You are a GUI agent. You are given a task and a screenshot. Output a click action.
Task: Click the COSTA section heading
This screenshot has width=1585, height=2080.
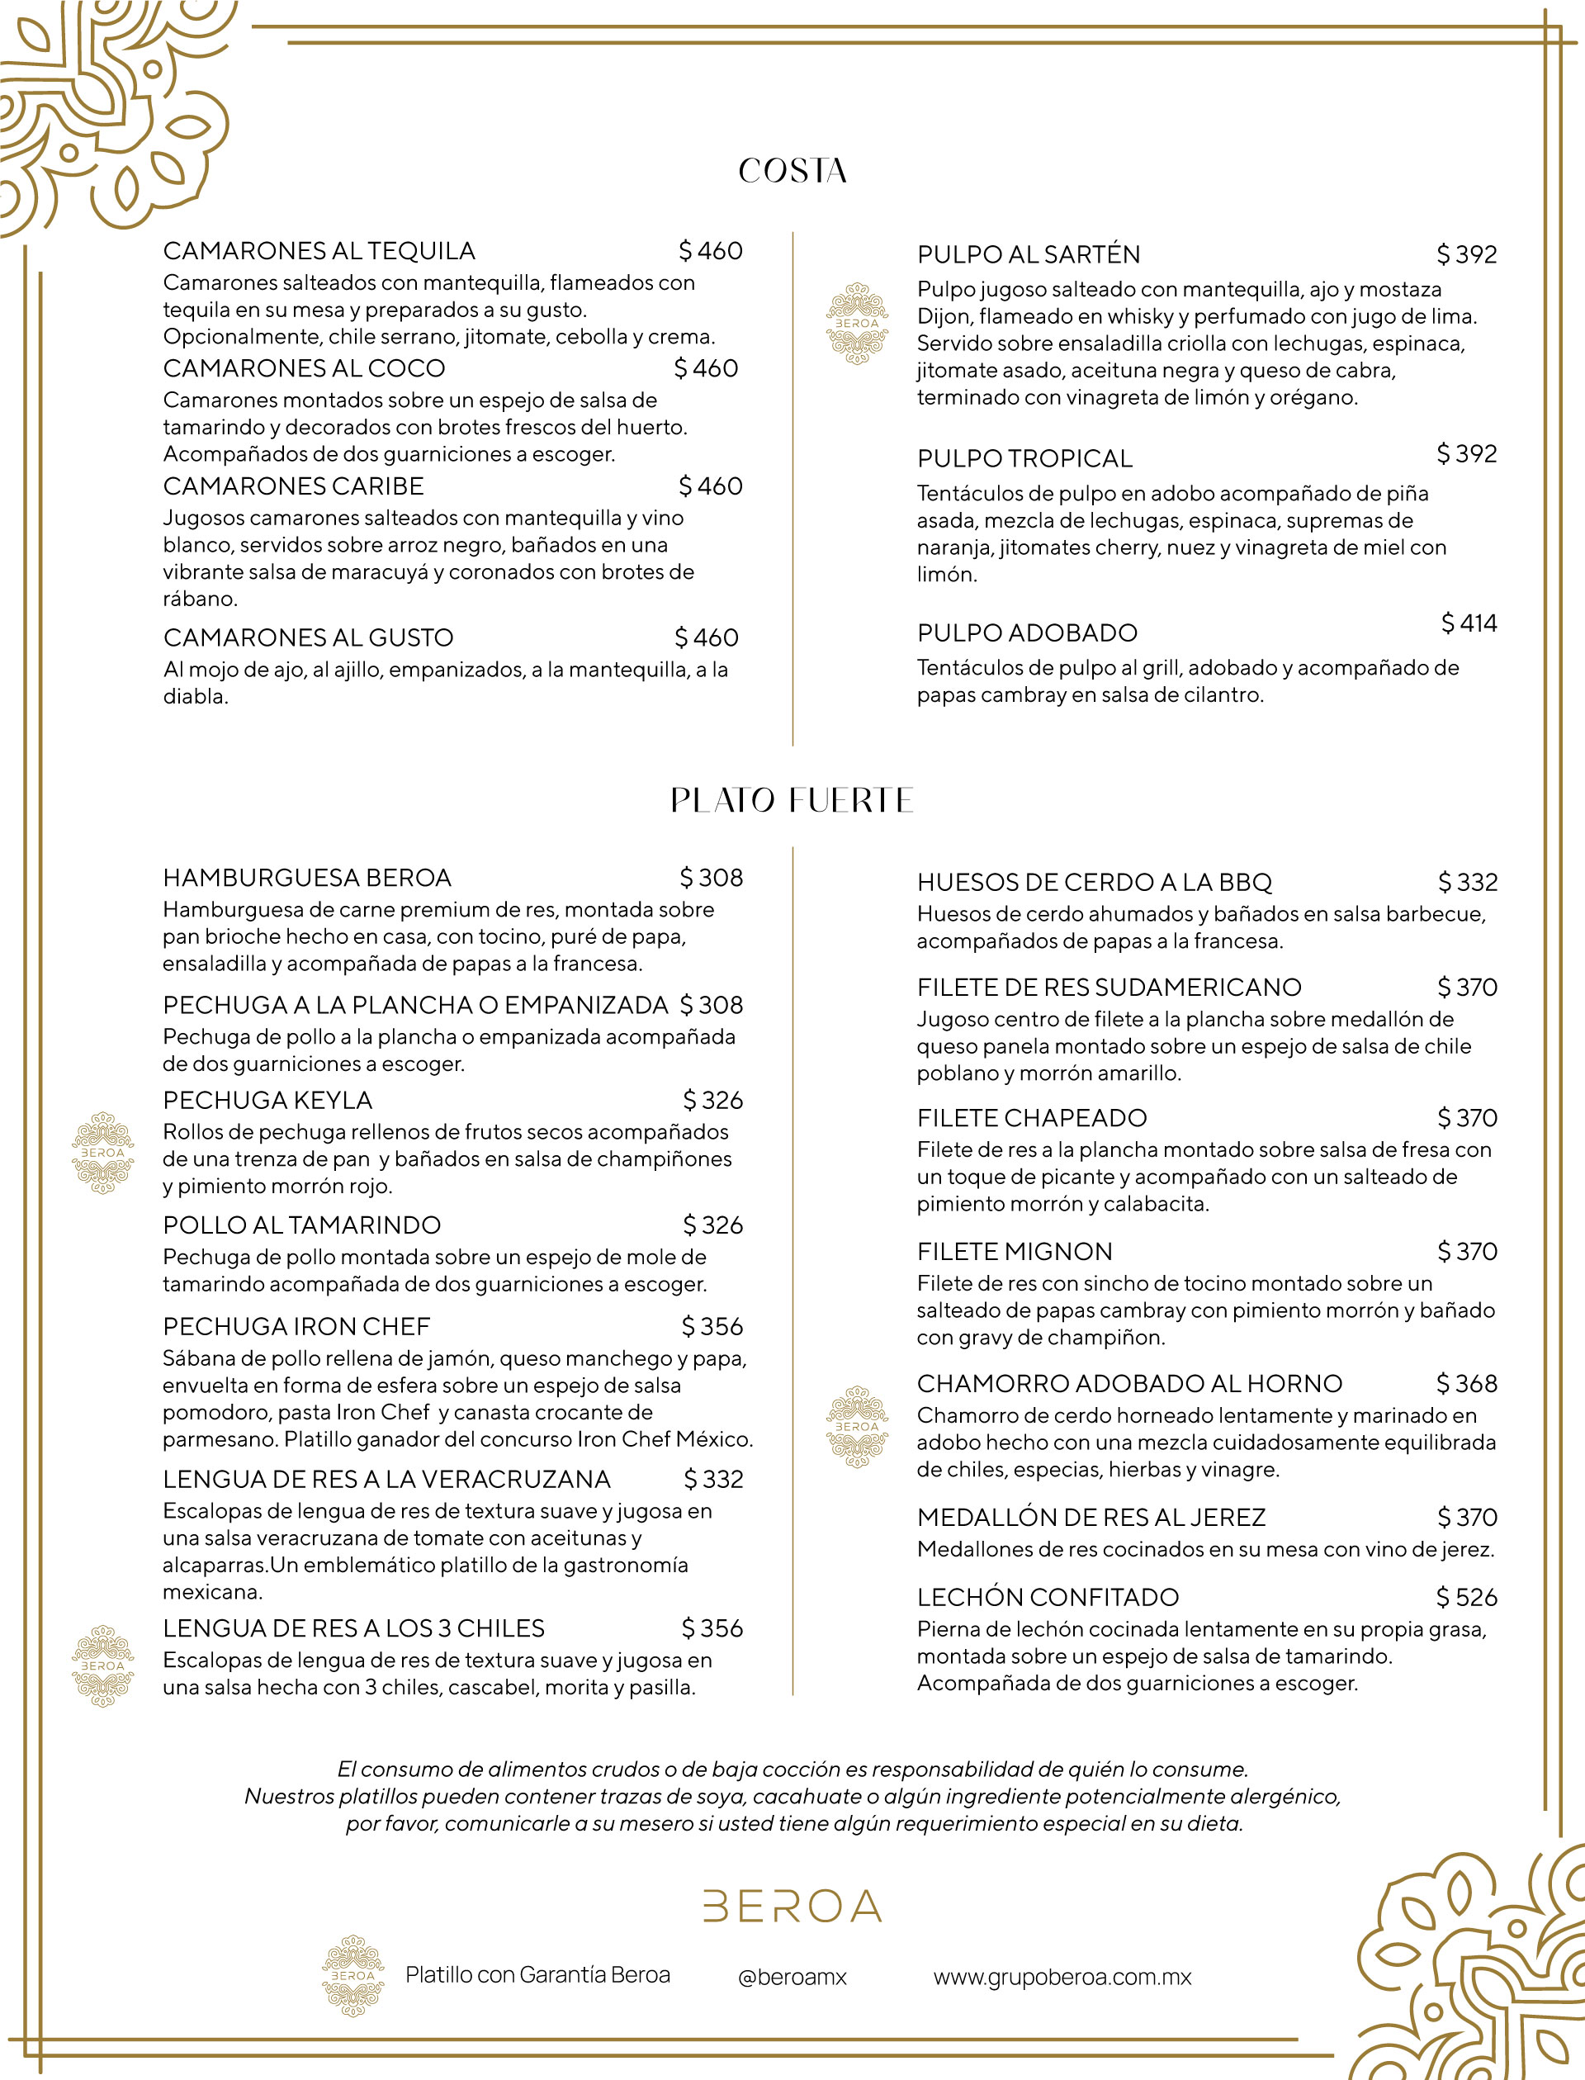(792, 171)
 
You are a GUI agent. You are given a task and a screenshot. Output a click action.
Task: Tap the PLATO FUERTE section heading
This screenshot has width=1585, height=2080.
(792, 800)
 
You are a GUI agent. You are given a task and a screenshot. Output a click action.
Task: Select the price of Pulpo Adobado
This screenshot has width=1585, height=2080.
(1468, 623)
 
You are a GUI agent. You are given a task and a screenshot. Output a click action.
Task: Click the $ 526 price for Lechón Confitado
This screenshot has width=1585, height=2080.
(1466, 1597)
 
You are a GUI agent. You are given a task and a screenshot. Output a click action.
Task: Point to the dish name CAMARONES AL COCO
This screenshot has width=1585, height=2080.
(304, 368)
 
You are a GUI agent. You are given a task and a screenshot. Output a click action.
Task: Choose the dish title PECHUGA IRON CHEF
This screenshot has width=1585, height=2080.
(296, 1326)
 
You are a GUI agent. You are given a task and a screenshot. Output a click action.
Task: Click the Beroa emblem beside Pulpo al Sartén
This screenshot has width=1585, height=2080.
(857, 324)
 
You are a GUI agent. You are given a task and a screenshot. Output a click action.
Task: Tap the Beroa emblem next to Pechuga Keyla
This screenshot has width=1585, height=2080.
(103, 1153)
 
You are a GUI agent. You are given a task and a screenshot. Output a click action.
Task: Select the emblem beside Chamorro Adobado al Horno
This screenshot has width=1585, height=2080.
(857, 1426)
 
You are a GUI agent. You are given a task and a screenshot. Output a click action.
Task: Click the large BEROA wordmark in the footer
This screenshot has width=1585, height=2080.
(792, 1907)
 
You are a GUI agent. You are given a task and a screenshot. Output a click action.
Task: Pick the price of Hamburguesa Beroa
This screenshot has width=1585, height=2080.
(712, 878)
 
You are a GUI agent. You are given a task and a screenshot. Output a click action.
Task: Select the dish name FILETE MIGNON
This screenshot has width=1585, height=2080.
(1015, 1252)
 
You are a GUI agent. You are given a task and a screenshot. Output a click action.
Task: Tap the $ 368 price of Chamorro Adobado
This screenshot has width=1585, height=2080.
(1466, 1384)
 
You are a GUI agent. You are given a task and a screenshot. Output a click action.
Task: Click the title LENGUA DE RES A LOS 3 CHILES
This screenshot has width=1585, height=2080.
(354, 1628)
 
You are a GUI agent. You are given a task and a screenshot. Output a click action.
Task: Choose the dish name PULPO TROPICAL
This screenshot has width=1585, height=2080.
(1024, 458)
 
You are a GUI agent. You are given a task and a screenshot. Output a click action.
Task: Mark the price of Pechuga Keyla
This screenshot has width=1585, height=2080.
(712, 1100)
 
